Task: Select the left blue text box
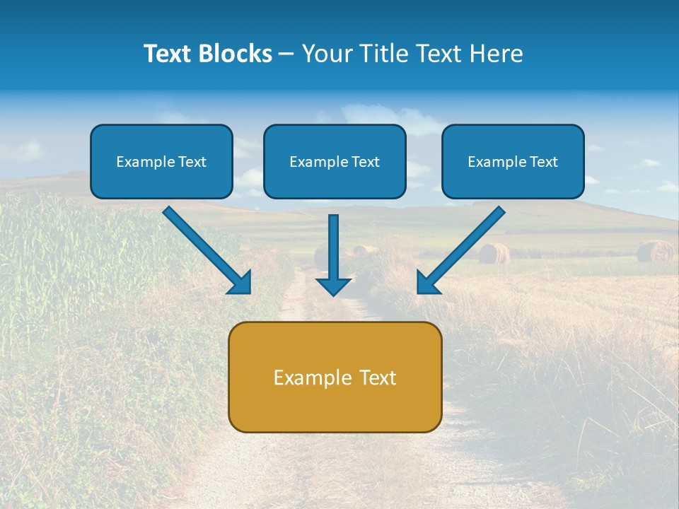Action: pyautogui.click(x=161, y=162)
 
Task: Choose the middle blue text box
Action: pyautogui.click(x=335, y=162)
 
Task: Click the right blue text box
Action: pyautogui.click(x=513, y=162)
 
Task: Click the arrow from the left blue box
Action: pyautogui.click(x=205, y=249)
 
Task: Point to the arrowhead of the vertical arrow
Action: pyautogui.click(x=333, y=286)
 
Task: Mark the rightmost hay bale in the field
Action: pyautogui.click(x=655, y=251)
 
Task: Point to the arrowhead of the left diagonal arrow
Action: pyautogui.click(x=241, y=283)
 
